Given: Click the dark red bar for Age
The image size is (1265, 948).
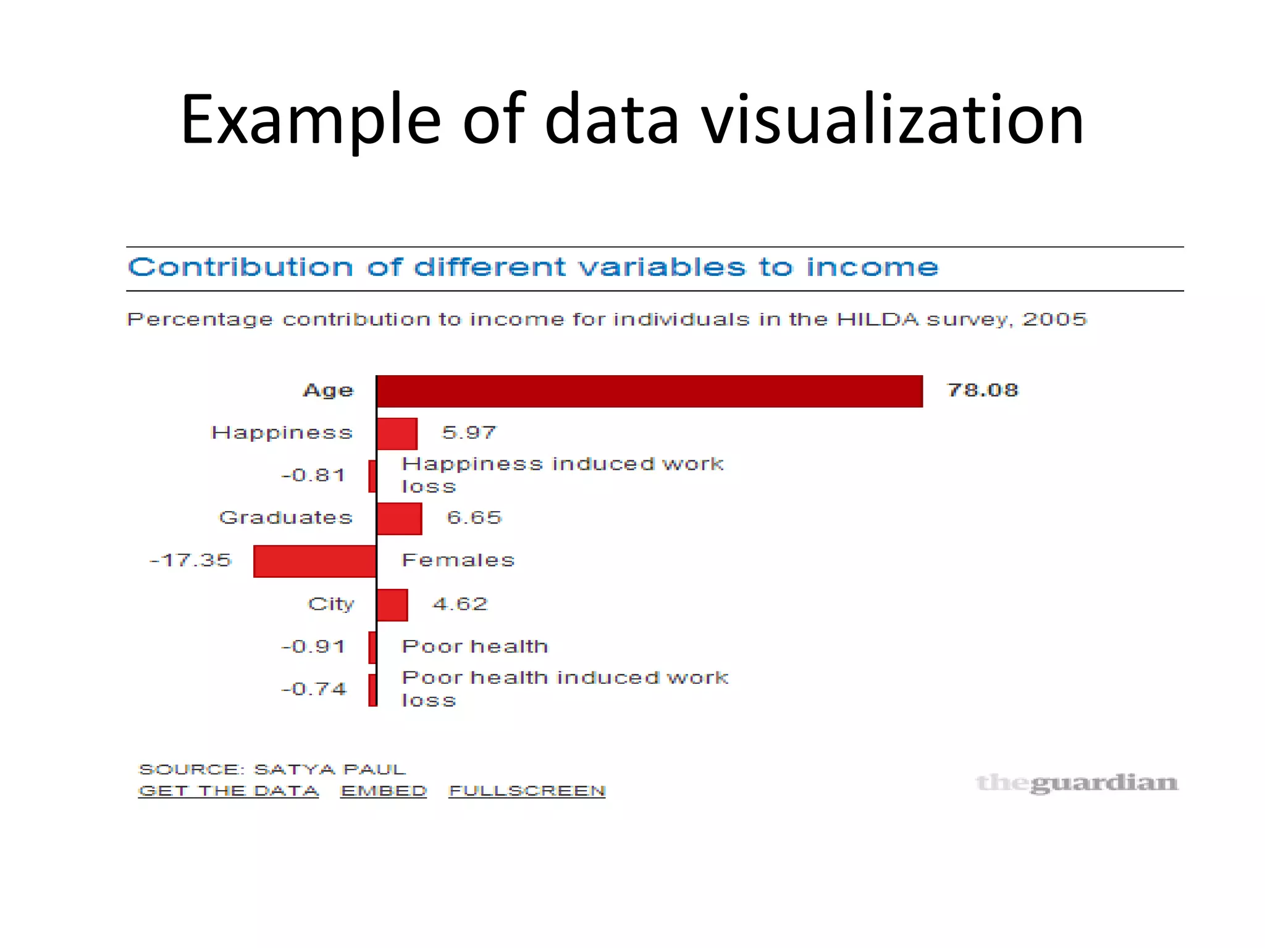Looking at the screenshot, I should click(x=649, y=391).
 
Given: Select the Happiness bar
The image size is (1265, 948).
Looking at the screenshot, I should click(x=397, y=433).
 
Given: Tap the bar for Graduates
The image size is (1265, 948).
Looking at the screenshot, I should click(x=399, y=518).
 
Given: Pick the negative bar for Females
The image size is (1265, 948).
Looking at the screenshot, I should click(x=315, y=561).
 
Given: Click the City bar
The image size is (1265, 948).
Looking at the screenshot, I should click(x=392, y=605).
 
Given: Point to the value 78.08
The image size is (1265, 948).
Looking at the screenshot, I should click(x=982, y=390).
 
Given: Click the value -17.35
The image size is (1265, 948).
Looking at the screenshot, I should click(x=190, y=560).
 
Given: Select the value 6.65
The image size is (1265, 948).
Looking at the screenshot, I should click(x=474, y=518).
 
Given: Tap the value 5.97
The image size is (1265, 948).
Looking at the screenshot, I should click(x=469, y=433).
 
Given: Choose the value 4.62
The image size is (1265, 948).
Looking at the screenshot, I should click(x=460, y=604).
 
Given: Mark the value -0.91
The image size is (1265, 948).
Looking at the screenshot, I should click(x=313, y=647).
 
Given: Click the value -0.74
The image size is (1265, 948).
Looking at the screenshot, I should click(x=314, y=689).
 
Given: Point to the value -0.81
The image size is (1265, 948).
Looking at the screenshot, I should click(x=313, y=475).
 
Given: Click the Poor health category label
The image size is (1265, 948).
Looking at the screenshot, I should click(x=474, y=646).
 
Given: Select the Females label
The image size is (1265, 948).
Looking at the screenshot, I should click(x=458, y=560).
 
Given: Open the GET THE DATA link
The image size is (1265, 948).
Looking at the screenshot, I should click(x=229, y=791).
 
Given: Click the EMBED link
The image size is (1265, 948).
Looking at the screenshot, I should click(x=384, y=791).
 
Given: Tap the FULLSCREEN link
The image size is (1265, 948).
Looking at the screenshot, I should click(x=527, y=791).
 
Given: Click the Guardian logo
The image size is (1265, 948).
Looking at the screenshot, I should click(x=1077, y=783).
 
